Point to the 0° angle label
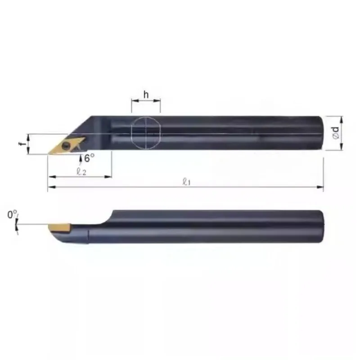pyautogui.click(x=12, y=215)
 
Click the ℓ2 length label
pyautogui.click(x=81, y=171)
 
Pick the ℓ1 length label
pyautogui.click(x=185, y=181)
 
